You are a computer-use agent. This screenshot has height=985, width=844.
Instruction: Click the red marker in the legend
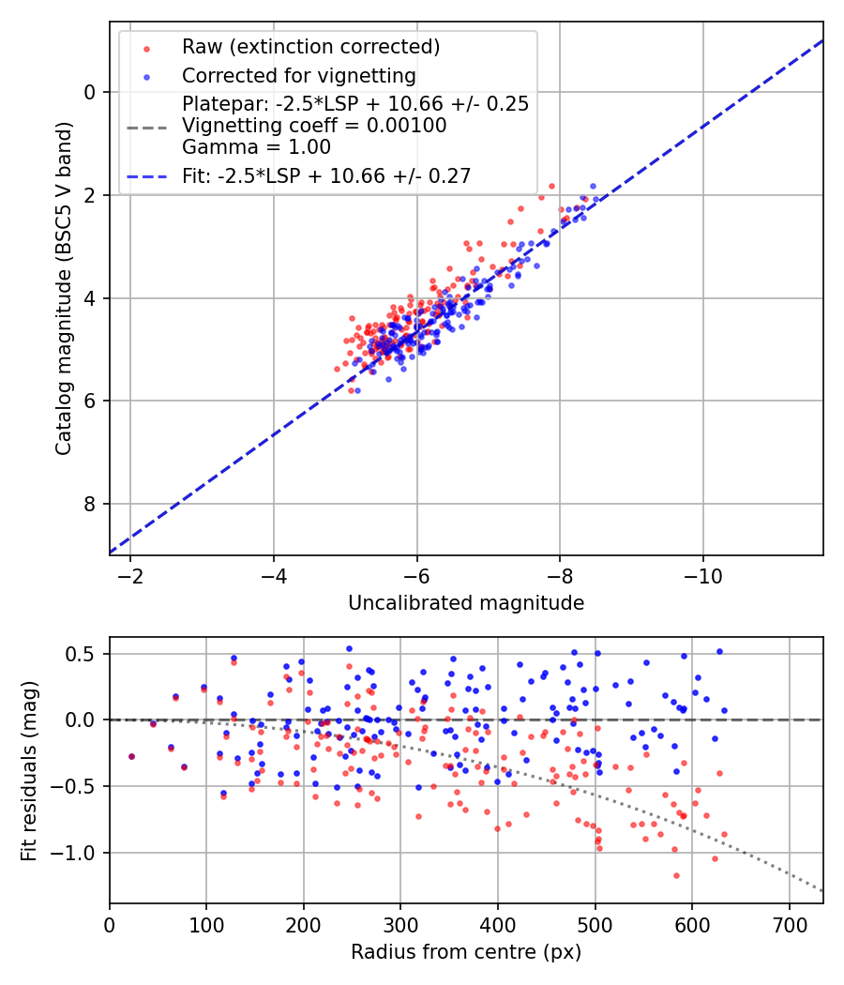click(x=146, y=47)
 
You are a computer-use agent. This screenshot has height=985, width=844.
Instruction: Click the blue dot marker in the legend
click(x=146, y=75)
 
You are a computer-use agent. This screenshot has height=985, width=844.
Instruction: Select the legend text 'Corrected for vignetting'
click(x=298, y=75)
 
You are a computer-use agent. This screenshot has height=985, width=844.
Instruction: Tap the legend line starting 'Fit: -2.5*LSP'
click(x=326, y=175)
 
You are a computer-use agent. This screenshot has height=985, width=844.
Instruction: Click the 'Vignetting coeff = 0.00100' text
click(x=314, y=126)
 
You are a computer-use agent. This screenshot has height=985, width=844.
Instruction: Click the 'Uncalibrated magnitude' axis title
click(x=466, y=603)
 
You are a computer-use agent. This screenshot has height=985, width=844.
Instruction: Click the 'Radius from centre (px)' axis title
click(x=466, y=952)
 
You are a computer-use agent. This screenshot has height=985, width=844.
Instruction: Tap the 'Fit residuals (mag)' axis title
click(x=29, y=769)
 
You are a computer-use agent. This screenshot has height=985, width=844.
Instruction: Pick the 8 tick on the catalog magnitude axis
click(x=90, y=505)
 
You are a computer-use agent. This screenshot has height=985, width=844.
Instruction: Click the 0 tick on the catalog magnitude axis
click(x=90, y=92)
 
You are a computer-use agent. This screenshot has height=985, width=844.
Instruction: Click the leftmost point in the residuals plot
click(x=131, y=756)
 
